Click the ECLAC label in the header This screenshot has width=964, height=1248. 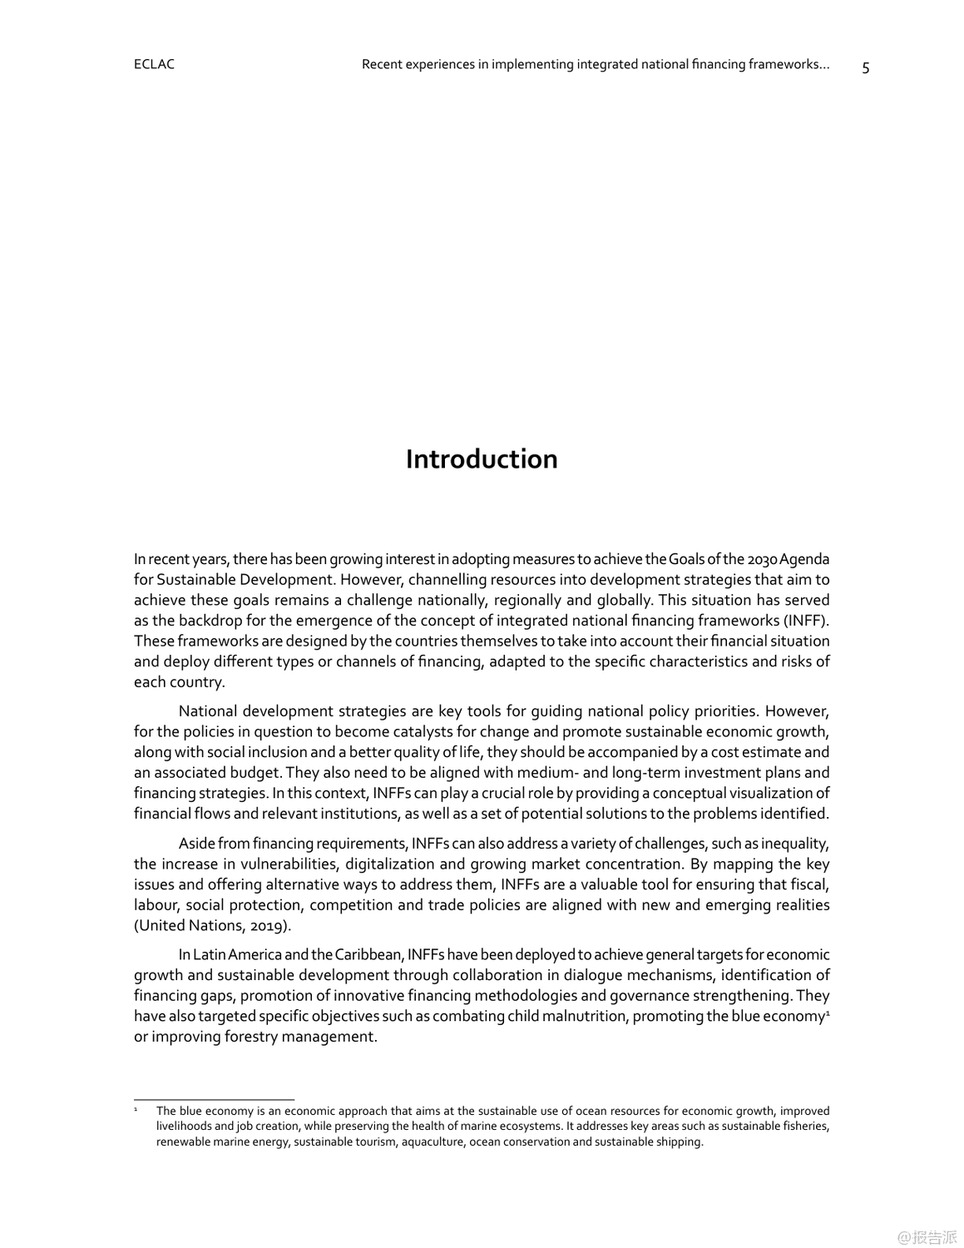coord(154,64)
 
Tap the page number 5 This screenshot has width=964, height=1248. coord(865,68)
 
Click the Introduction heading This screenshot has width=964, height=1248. coord(482,459)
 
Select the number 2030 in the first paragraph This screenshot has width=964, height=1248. coord(762,559)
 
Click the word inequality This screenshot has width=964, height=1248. coord(793,844)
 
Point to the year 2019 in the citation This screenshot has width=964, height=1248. coord(269,925)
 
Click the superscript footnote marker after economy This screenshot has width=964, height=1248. coord(827,1013)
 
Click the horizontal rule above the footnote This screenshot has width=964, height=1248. coord(214,1099)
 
